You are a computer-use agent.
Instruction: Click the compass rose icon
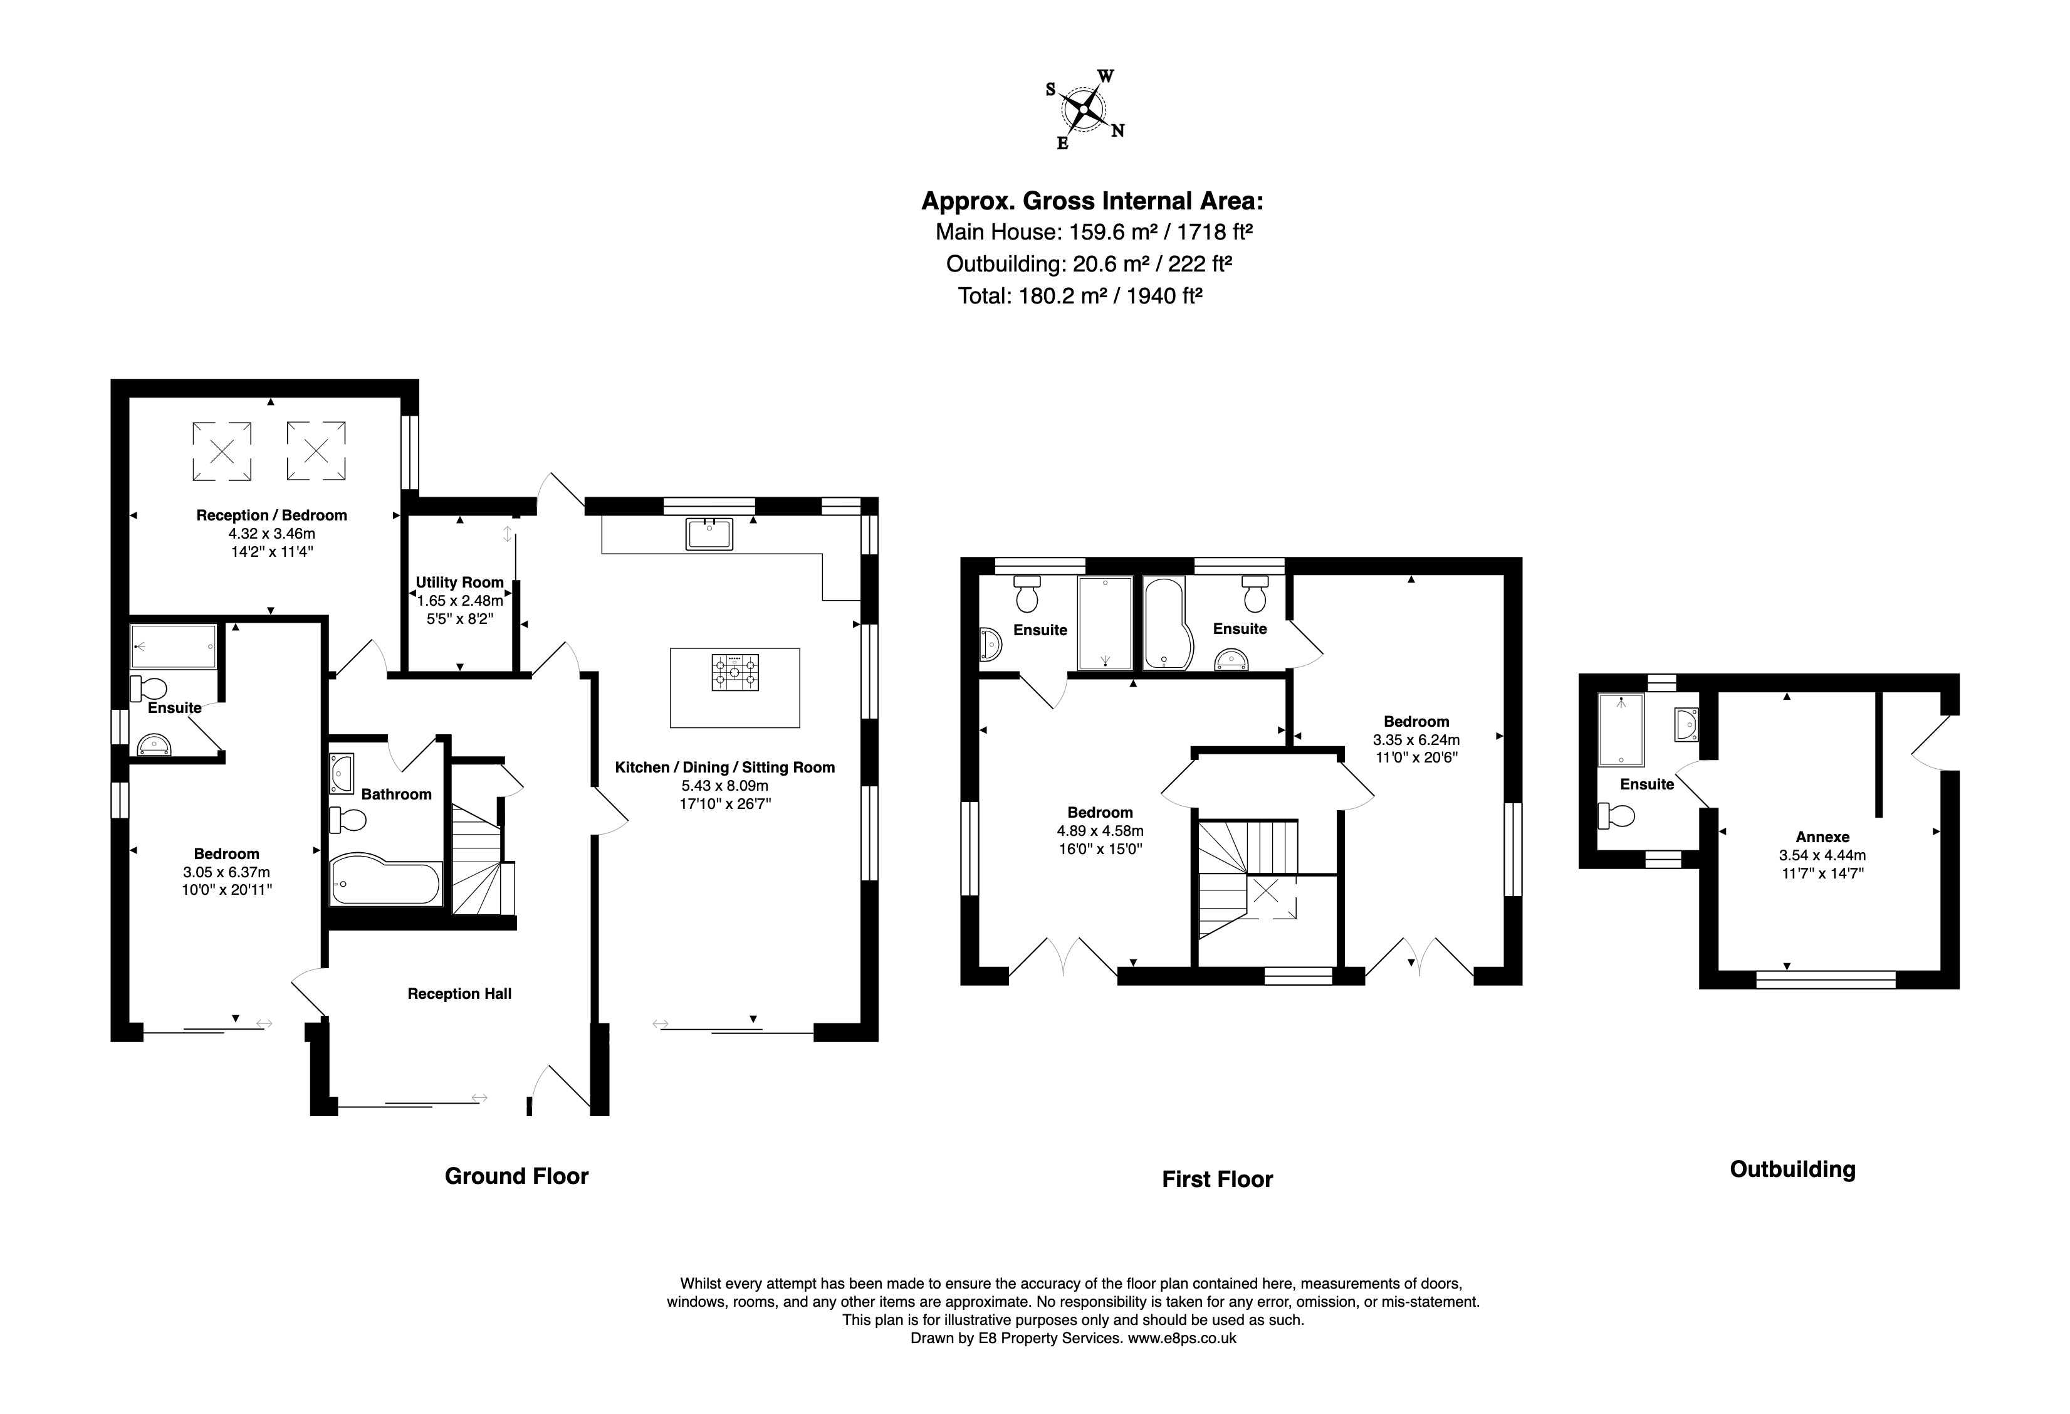pyautogui.click(x=1083, y=108)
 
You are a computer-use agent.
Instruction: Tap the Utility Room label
pyautogui.click(x=459, y=583)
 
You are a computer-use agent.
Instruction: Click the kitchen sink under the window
pyautogui.click(x=709, y=534)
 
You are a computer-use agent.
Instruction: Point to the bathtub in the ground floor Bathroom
pyautogui.click(x=385, y=882)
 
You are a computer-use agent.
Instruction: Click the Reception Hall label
pyautogui.click(x=459, y=993)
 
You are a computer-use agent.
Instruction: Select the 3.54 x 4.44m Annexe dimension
pyautogui.click(x=1822, y=855)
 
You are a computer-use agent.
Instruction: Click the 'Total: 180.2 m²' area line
pyautogui.click(x=1080, y=296)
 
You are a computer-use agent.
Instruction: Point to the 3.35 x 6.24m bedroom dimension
pyautogui.click(x=1416, y=739)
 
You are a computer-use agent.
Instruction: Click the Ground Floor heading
pyautogui.click(x=516, y=1176)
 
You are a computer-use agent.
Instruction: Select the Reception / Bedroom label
pyautogui.click(x=271, y=515)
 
